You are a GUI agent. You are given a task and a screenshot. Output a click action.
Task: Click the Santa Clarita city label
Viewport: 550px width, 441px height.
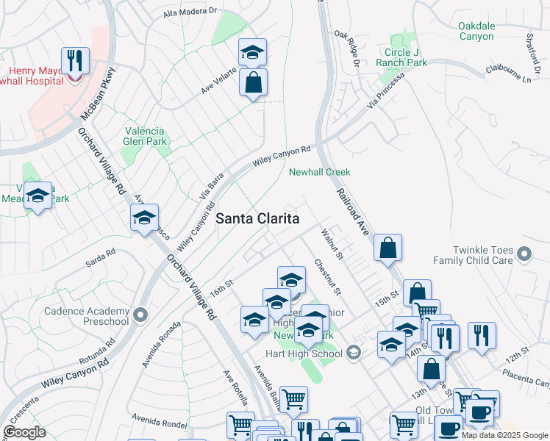point(257,219)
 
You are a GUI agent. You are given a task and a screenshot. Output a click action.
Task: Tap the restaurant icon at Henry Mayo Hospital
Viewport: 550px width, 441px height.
point(75,60)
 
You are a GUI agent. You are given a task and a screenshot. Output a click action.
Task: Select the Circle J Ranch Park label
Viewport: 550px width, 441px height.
point(406,57)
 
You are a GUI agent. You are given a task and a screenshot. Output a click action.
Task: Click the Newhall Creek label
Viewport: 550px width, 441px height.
point(319,172)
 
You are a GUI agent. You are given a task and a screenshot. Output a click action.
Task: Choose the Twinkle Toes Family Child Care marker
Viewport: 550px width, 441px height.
point(524,255)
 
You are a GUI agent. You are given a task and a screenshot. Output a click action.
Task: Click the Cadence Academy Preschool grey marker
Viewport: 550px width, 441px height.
point(141,315)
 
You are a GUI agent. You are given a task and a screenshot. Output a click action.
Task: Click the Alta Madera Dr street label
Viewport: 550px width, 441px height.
point(190,12)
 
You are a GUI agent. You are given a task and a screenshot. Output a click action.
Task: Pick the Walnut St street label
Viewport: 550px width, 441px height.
point(332,244)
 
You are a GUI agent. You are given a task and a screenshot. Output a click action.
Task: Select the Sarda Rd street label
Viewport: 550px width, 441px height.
point(101,257)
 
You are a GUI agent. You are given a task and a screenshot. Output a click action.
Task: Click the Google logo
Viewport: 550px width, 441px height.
point(25,432)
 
